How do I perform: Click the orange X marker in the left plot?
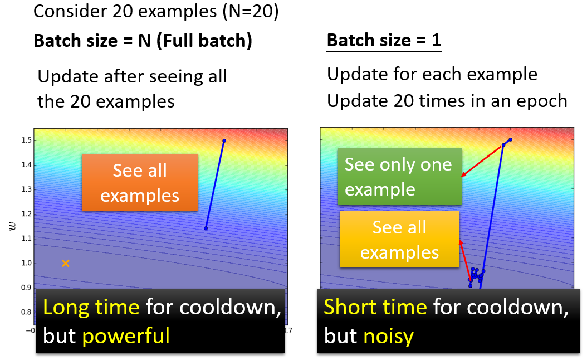click(x=66, y=264)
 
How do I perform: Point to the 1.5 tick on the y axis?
click(x=27, y=140)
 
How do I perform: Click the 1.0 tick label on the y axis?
click(x=27, y=263)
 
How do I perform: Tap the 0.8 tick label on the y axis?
click(x=27, y=312)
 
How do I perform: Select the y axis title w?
click(x=12, y=226)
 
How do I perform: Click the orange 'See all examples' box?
click(x=140, y=182)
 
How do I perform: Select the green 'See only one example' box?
click(x=399, y=177)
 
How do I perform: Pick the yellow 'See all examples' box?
click(x=399, y=239)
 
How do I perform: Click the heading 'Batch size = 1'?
click(x=384, y=40)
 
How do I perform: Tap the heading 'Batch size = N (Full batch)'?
click(x=143, y=41)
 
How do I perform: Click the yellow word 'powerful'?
click(x=126, y=335)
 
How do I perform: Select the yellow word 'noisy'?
click(x=389, y=335)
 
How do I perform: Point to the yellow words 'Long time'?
click(x=91, y=307)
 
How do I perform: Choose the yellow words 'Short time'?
click(x=375, y=307)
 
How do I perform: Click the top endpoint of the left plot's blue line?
click(x=224, y=141)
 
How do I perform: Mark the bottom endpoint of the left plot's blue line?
click(x=206, y=228)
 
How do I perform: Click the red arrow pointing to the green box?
click(x=481, y=160)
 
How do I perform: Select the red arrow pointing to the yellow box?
click(x=466, y=260)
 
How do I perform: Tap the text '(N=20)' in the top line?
click(x=251, y=11)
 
